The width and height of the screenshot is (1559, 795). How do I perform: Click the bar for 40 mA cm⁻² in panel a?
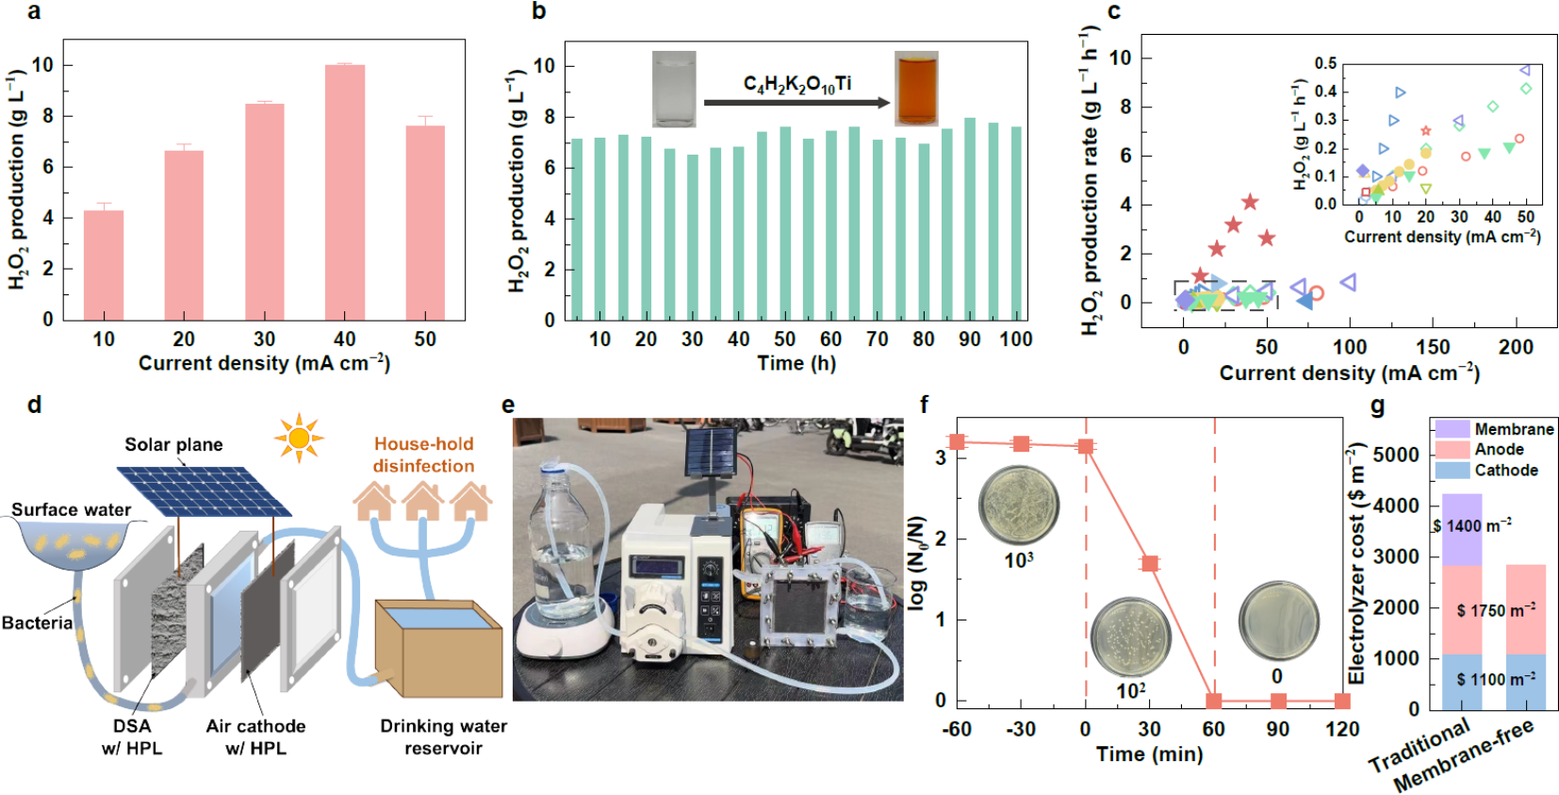coord(345,192)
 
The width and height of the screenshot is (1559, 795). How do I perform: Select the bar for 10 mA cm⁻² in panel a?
coord(104,265)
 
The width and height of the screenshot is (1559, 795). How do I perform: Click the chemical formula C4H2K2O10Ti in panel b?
coord(797,84)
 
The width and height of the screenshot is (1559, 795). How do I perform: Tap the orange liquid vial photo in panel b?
coord(916,89)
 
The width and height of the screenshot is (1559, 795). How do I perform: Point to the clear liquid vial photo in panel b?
coord(674,89)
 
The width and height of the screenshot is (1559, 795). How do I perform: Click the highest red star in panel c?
coord(1250,202)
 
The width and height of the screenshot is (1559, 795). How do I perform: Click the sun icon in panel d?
coord(299,438)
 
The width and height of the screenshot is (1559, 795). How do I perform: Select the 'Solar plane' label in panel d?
coord(173,444)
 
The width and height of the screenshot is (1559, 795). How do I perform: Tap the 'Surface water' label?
coord(72,509)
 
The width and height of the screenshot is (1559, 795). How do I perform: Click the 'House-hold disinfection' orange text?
coord(423,455)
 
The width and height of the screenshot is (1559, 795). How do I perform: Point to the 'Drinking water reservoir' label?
coord(443,737)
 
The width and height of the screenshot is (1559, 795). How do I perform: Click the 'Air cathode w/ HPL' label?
coord(255,737)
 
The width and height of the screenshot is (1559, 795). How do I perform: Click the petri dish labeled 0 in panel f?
coord(1277,621)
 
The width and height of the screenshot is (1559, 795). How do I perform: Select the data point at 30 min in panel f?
coord(1150,563)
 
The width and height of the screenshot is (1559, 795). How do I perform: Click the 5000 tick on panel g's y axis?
coord(1396,455)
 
